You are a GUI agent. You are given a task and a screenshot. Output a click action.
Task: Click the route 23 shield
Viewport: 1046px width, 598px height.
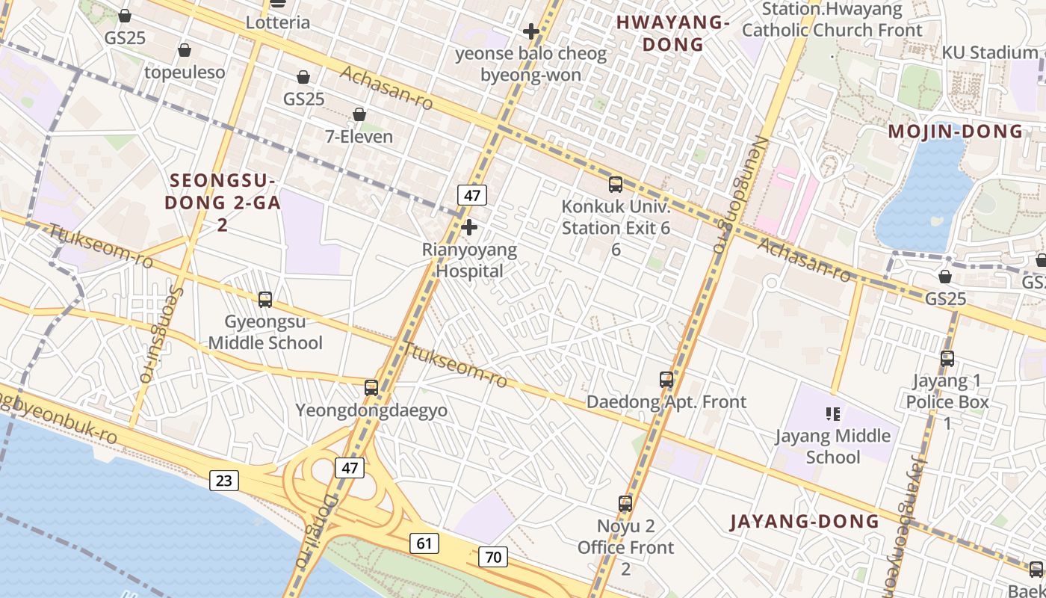[x=224, y=481]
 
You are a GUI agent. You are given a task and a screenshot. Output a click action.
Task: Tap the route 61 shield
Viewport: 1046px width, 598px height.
[x=424, y=543]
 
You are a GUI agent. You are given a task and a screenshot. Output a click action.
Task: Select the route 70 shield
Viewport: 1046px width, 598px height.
[x=493, y=557]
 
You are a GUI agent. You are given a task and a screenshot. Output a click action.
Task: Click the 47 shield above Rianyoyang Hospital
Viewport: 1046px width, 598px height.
[x=472, y=196]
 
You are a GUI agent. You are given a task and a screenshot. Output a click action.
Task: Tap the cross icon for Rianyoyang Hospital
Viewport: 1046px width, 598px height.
[x=469, y=227]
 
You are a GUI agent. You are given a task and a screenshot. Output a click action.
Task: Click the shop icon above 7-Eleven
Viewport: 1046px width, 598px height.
[x=359, y=114]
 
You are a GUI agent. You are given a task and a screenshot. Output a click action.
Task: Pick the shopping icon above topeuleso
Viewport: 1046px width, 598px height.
[x=185, y=50]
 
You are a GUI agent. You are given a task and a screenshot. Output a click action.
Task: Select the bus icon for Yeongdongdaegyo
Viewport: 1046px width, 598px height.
[x=371, y=388]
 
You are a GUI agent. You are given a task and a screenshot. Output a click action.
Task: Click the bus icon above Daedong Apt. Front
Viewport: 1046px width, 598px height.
[x=666, y=380]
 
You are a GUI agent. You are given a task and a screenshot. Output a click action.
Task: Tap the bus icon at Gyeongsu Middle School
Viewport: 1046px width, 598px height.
[x=265, y=300]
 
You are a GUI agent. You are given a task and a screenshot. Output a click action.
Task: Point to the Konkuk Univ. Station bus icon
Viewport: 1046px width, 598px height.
[x=616, y=184]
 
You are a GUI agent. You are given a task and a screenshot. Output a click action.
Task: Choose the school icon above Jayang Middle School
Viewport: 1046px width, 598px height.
[x=833, y=413]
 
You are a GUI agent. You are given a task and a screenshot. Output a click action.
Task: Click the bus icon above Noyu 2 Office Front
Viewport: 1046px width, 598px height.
[x=625, y=504]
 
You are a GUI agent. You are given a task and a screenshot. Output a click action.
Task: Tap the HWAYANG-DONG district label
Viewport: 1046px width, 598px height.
[x=673, y=34]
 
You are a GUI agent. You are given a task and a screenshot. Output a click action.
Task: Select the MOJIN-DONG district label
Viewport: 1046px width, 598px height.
[x=955, y=132]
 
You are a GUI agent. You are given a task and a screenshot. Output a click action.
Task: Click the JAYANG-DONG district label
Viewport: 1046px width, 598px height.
[x=805, y=522]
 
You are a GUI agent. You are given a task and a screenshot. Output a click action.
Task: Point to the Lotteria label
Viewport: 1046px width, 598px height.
[x=278, y=22]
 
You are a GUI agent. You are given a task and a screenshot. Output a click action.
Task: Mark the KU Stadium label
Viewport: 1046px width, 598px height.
[x=989, y=52]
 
